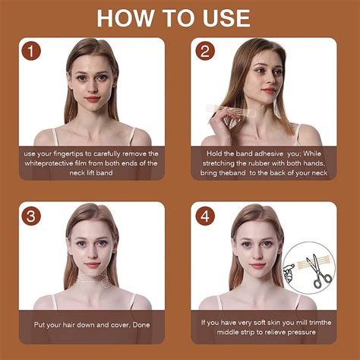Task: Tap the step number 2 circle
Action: pos(206,52)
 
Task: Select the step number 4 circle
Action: pos(206,216)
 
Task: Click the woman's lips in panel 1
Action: pos(92,98)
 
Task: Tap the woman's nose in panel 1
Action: pos(92,86)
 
